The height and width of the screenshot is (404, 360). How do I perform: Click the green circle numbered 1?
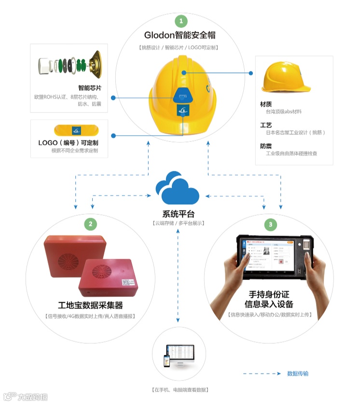point(181,21)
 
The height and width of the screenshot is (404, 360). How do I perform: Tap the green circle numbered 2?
point(90,224)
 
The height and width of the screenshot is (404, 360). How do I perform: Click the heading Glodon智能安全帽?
point(180,35)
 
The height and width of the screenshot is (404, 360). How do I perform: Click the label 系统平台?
point(178,214)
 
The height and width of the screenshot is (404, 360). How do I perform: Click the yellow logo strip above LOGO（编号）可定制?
point(76,130)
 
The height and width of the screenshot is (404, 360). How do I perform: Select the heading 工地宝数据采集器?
point(90,305)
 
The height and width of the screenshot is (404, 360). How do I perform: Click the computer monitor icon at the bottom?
point(180,356)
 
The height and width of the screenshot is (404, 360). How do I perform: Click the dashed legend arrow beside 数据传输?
point(261,374)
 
